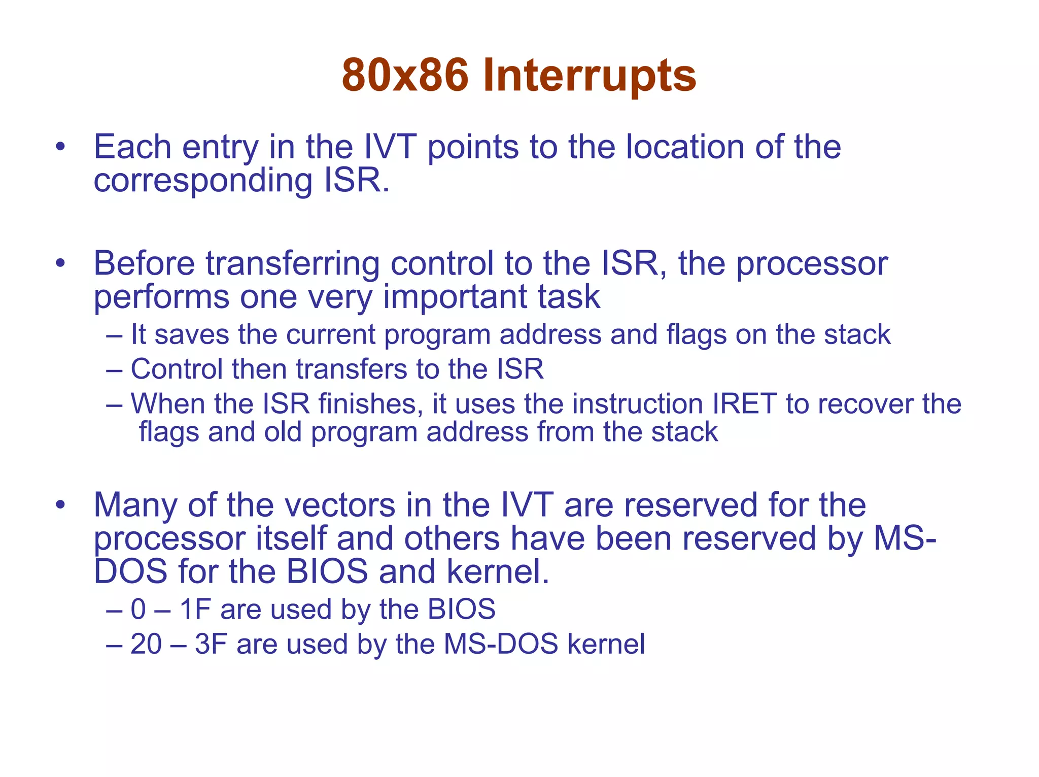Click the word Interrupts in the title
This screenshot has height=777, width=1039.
pyautogui.click(x=590, y=76)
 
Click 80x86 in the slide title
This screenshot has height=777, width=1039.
pyautogui.click(x=405, y=76)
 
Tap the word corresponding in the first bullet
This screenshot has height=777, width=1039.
pyautogui.click(x=203, y=181)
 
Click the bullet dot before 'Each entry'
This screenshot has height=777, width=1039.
pyautogui.click(x=61, y=147)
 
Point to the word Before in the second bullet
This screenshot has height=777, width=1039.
pyautogui.click(x=144, y=264)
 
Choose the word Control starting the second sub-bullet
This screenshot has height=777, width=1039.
pyautogui.click(x=177, y=369)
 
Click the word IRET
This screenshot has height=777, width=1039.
pyautogui.click(x=745, y=404)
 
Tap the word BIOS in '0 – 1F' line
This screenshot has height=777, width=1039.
pyautogui.click(x=461, y=609)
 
